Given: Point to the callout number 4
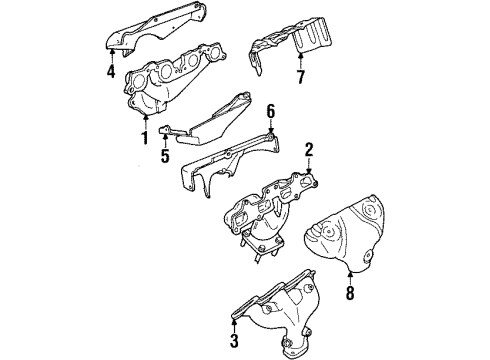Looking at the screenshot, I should (111, 71).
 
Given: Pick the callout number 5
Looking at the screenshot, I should (166, 155).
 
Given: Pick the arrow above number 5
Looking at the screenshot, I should (166, 140).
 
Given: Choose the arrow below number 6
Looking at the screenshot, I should (269, 131).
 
